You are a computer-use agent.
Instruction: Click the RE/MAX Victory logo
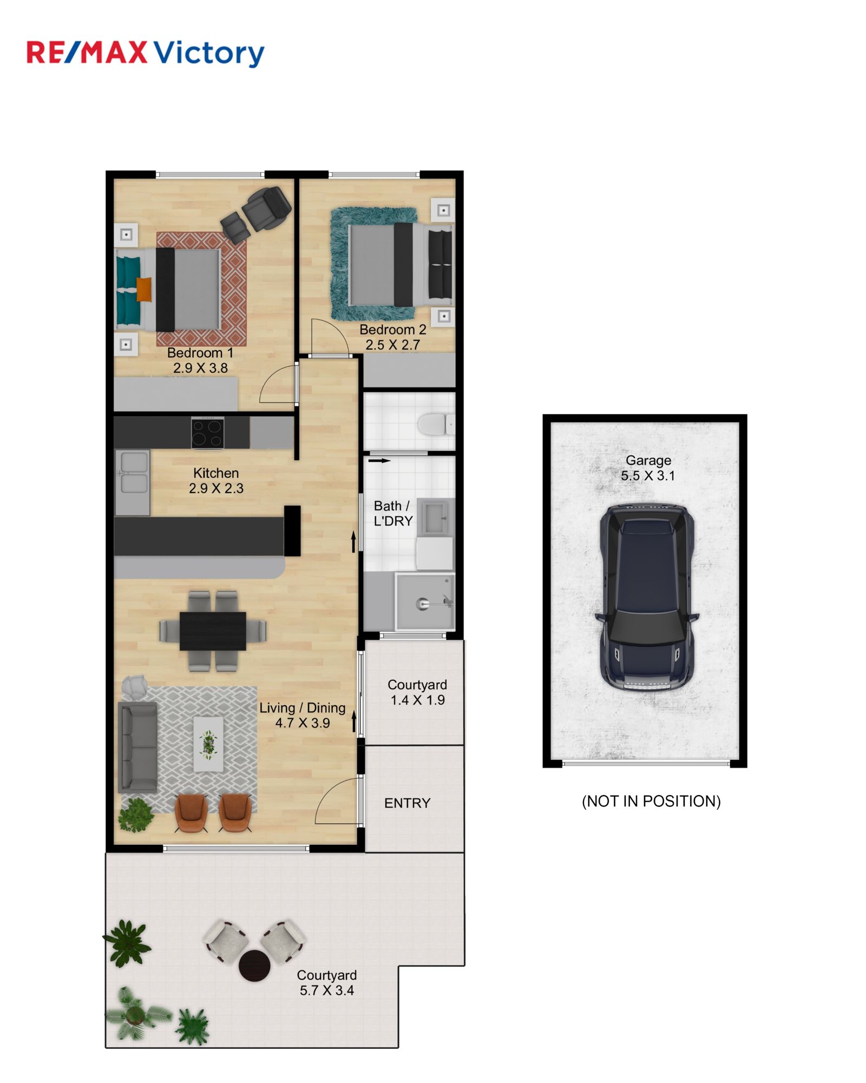tap(146, 53)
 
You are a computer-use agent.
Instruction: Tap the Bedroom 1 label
tap(200, 353)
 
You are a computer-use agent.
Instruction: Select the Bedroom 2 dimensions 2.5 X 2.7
tap(392, 345)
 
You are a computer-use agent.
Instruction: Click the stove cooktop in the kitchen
tap(207, 432)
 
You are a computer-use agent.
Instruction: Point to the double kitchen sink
tap(133, 472)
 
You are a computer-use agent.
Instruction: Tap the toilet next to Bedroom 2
tap(436, 424)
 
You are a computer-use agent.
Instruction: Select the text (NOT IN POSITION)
tap(651, 802)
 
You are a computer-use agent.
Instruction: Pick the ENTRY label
tap(407, 803)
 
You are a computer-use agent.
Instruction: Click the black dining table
tap(213, 631)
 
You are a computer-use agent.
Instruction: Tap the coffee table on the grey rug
tap(208, 744)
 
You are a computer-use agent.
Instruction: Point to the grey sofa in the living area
tap(138, 747)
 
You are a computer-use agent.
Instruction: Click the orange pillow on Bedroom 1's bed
tap(144, 289)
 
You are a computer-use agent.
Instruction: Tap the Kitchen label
tap(216, 473)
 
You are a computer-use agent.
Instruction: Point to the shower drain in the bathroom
tap(422, 604)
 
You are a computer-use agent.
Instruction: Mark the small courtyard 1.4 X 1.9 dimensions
tap(418, 700)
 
